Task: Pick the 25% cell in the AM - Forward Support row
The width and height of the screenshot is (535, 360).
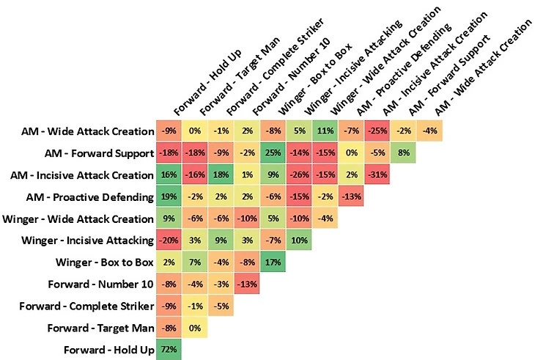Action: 273,153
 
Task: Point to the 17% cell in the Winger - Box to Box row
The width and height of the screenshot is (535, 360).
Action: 273,262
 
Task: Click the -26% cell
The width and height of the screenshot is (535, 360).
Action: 299,175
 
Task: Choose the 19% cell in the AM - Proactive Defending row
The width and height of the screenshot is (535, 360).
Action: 168,197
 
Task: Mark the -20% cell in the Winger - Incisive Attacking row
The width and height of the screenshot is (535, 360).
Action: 168,240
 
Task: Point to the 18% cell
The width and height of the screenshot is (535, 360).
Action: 221,175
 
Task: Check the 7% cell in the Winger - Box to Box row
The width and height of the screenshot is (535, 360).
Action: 194,262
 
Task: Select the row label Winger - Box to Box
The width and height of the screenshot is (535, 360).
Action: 102,262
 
